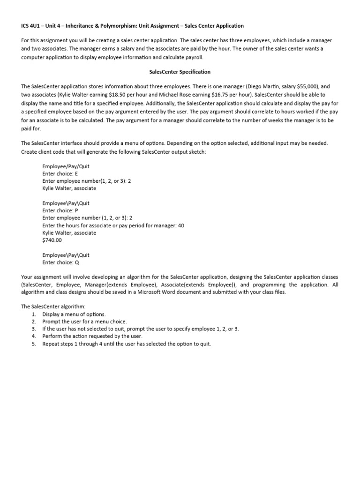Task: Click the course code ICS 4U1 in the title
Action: pyautogui.click(x=31, y=26)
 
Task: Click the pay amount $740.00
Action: pyautogui.click(x=52, y=240)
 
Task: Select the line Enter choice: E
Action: pyautogui.click(x=60, y=173)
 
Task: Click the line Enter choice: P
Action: pyautogui.click(x=60, y=210)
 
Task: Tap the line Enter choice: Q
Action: pyautogui.click(x=60, y=262)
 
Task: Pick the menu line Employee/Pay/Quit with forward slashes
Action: pyautogui.click(x=65, y=165)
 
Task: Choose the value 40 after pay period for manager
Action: pyautogui.click(x=181, y=225)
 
